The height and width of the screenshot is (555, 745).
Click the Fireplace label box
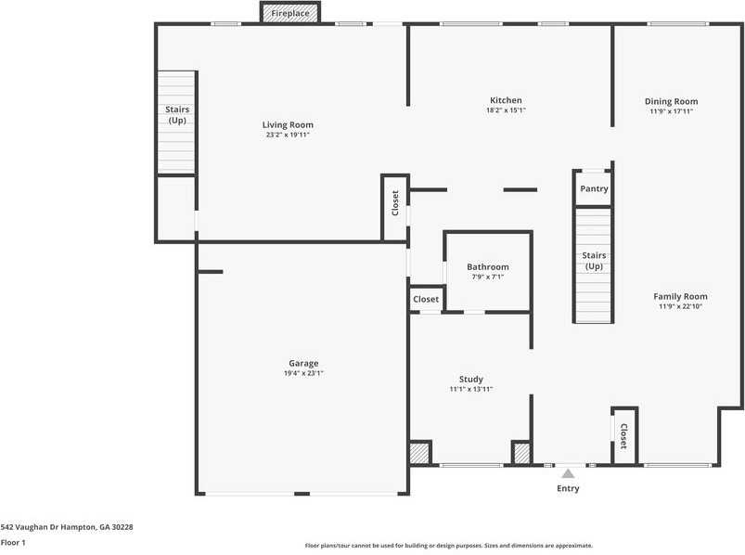290,13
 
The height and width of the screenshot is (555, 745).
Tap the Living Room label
288,125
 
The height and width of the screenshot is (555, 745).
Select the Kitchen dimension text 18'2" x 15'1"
506,110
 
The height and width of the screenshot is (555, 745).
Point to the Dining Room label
672,101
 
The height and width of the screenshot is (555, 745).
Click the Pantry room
594,188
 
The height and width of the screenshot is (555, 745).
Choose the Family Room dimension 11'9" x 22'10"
680,306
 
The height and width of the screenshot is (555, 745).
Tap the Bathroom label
488,267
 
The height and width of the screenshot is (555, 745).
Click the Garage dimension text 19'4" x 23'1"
303,373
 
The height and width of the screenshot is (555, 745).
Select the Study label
471,380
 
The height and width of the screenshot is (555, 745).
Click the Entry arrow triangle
568,473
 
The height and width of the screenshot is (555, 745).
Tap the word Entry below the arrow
568,488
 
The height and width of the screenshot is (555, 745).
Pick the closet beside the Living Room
395,208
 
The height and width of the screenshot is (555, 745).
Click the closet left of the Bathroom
426,299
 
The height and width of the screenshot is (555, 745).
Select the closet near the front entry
624,435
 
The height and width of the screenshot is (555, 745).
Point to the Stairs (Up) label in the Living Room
177,114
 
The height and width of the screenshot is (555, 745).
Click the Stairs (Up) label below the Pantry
594,261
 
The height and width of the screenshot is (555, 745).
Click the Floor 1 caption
13,542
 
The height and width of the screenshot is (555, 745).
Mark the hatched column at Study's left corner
419,453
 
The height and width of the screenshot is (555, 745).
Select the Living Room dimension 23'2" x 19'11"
288,135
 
